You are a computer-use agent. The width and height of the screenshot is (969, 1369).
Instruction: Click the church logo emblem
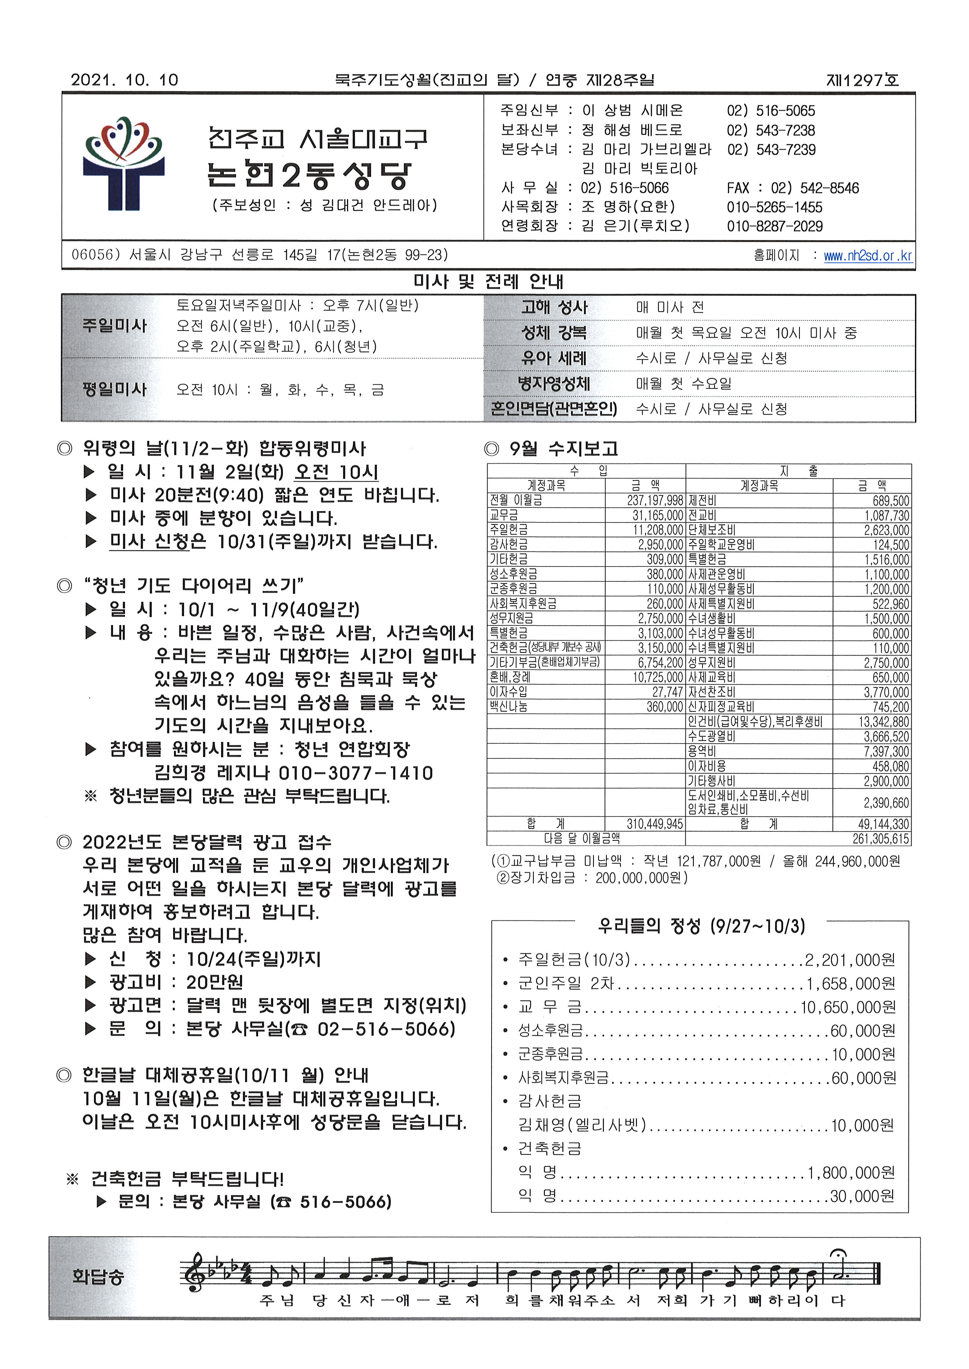click(x=123, y=163)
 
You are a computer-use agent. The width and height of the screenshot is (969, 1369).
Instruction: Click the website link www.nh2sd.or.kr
click(x=867, y=256)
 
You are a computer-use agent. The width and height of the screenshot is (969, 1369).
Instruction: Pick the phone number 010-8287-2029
click(x=774, y=226)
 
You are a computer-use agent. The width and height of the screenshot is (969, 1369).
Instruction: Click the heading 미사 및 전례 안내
click(x=488, y=282)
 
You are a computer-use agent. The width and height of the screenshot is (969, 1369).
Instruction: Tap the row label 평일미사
click(x=114, y=390)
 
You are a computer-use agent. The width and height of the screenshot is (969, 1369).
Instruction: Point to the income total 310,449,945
click(x=654, y=824)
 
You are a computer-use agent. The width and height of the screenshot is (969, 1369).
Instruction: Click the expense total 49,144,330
click(x=883, y=824)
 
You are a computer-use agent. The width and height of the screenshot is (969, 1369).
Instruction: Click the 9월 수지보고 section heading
click(x=563, y=448)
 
